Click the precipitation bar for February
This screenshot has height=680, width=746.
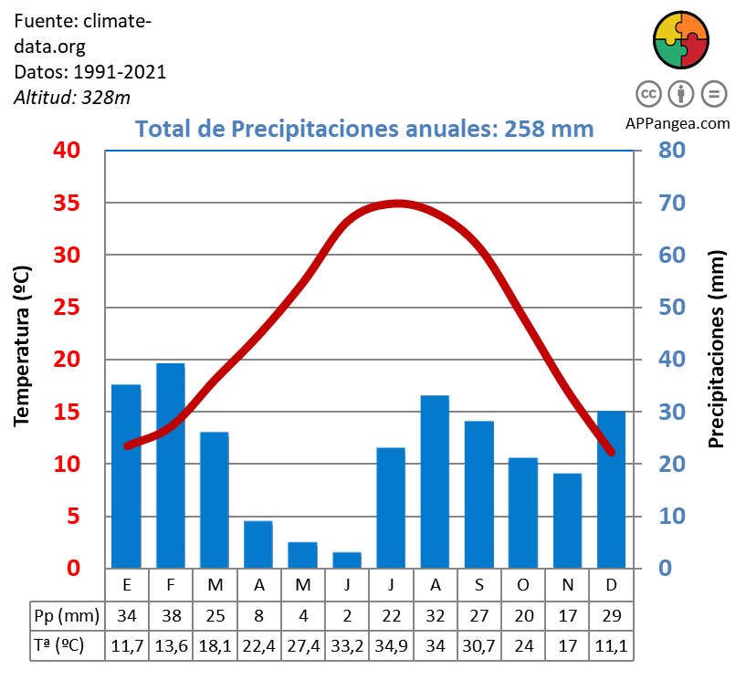pos(171,466)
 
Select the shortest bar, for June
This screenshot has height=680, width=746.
pos(347,560)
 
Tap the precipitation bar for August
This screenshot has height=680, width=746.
pos(435,481)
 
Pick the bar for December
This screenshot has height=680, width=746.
pos(611,489)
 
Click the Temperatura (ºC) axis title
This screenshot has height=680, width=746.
pos(22,346)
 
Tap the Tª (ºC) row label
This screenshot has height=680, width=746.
pos(59,644)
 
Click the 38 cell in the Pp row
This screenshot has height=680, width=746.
pos(171,613)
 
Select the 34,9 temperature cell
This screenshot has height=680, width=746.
pos(391,644)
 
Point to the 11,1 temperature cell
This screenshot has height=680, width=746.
pos(611,644)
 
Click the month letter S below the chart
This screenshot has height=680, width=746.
pos(478,583)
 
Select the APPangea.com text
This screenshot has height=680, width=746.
pos(678,123)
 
